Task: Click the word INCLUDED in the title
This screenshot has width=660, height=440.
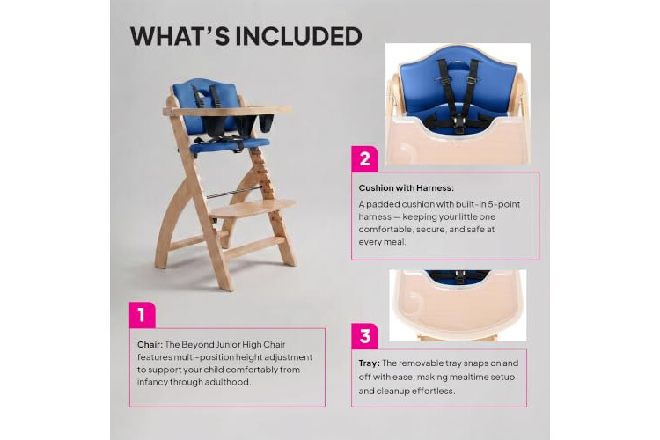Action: click(x=298, y=36)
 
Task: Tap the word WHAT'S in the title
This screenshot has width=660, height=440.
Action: click(x=180, y=36)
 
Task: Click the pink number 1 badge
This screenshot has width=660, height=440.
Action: click(x=143, y=315)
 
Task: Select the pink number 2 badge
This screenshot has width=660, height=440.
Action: click(x=364, y=158)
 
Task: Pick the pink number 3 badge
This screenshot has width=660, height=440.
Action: click(x=364, y=336)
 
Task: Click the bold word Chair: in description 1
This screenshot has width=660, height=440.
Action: click(x=150, y=344)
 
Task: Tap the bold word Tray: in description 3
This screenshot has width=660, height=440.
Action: click(x=369, y=363)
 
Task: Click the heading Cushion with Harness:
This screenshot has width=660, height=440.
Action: click(x=407, y=187)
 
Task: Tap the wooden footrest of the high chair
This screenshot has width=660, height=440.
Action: click(x=253, y=208)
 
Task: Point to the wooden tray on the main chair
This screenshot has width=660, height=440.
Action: click(x=226, y=111)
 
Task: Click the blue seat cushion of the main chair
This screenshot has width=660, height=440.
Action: click(x=230, y=144)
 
